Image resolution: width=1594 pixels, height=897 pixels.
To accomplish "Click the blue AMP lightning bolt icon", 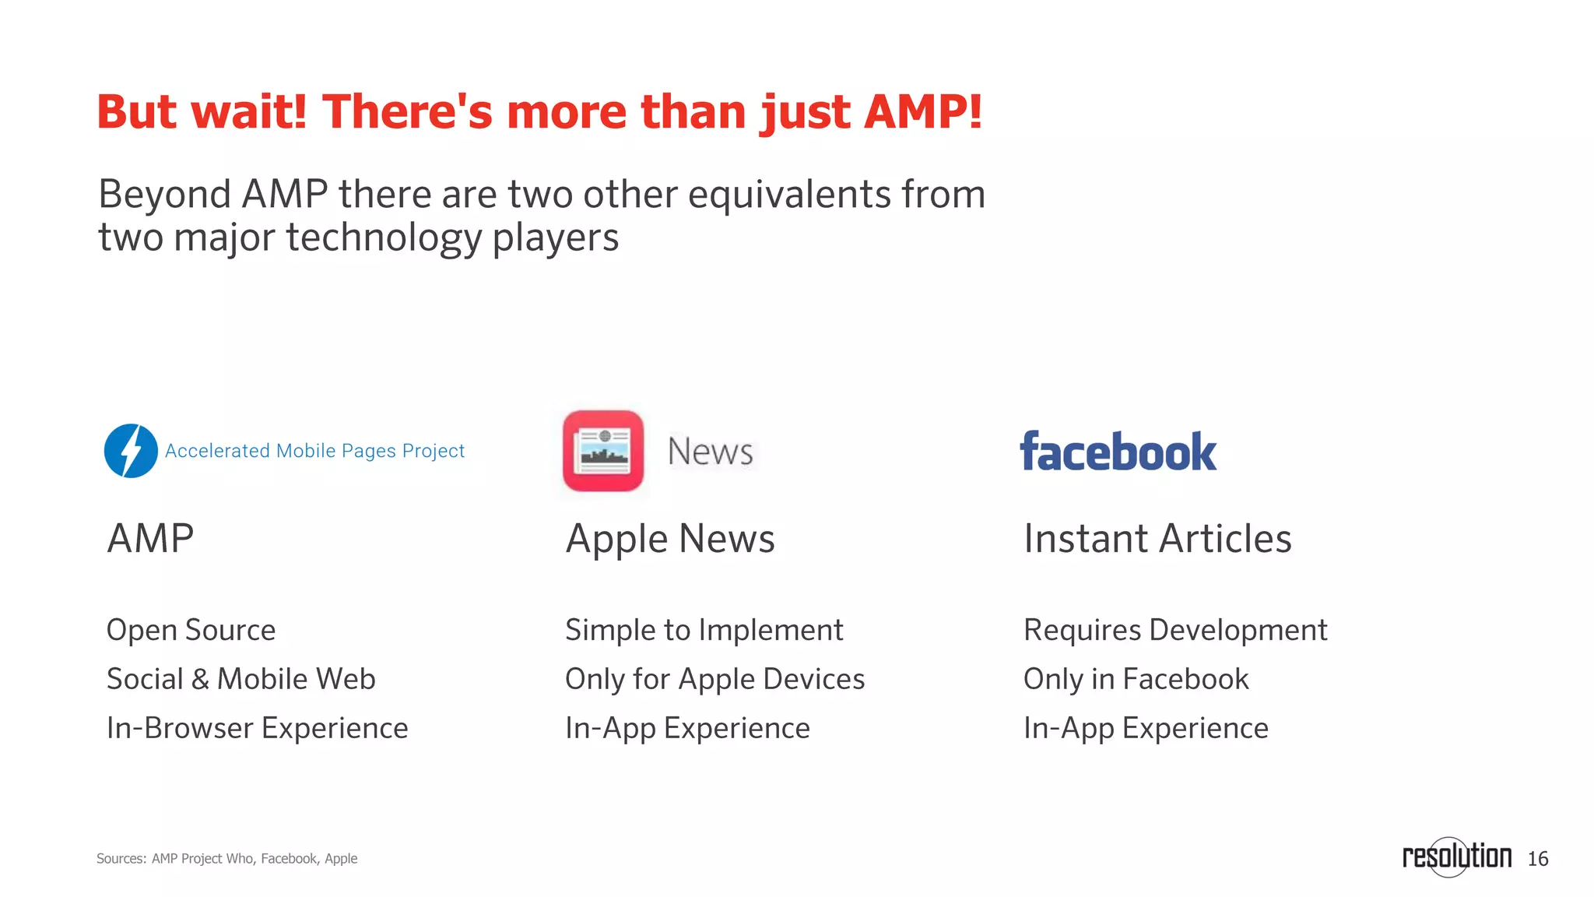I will coord(131,451).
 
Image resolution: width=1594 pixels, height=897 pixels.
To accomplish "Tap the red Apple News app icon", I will coord(603,451).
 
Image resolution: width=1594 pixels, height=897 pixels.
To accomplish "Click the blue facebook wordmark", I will coord(1118,452).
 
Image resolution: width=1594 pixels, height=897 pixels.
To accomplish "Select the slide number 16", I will coord(1538,859).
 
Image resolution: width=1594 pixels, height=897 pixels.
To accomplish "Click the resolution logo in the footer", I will coord(1456,857).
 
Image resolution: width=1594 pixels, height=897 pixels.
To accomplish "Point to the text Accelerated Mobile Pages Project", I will coord(314,451).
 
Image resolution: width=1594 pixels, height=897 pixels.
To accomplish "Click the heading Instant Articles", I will coord(1157,539).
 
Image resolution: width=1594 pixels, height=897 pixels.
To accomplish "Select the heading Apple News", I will coord(670,539).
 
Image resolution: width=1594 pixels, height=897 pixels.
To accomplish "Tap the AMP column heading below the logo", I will coord(150,539).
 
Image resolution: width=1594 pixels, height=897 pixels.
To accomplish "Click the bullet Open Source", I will coord(191,630).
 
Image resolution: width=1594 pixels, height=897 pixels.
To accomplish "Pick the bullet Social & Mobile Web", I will coord(241,679).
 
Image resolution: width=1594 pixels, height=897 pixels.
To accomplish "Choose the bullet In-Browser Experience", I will coord(257,728).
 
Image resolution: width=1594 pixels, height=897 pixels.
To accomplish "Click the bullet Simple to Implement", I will coord(704,630).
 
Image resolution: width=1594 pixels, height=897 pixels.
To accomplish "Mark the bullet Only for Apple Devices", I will coord(714,679).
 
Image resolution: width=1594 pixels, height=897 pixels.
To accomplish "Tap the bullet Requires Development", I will coord(1175,630).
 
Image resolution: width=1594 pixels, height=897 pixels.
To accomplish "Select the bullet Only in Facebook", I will coord(1136,679).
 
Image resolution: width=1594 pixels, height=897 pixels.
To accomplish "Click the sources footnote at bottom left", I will coord(226,859).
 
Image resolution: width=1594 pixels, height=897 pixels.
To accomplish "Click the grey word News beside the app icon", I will coord(710,452).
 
